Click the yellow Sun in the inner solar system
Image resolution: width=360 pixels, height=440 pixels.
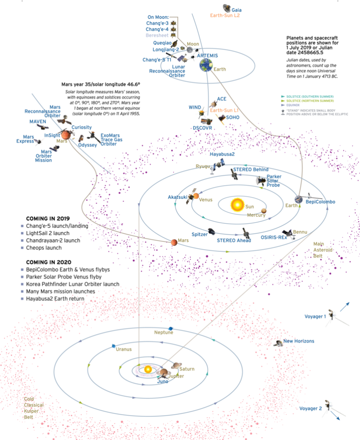pyautogui.click(x=237, y=204)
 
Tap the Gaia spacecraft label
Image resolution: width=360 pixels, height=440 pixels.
pyautogui.click(x=236, y=9)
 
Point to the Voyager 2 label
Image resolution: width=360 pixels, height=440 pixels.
pyautogui.click(x=310, y=408)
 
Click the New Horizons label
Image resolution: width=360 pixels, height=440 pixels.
pyautogui.click(x=299, y=341)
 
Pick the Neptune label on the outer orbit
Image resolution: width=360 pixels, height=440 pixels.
pyautogui.click(x=164, y=333)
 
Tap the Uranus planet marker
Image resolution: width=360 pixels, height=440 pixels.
pyautogui.click(x=114, y=345)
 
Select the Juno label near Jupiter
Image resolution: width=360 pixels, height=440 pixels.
pyautogui.click(x=163, y=382)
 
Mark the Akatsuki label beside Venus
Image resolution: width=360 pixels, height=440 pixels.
pyautogui.click(x=177, y=197)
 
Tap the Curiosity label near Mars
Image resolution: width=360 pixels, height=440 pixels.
pyautogui.click(x=81, y=127)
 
